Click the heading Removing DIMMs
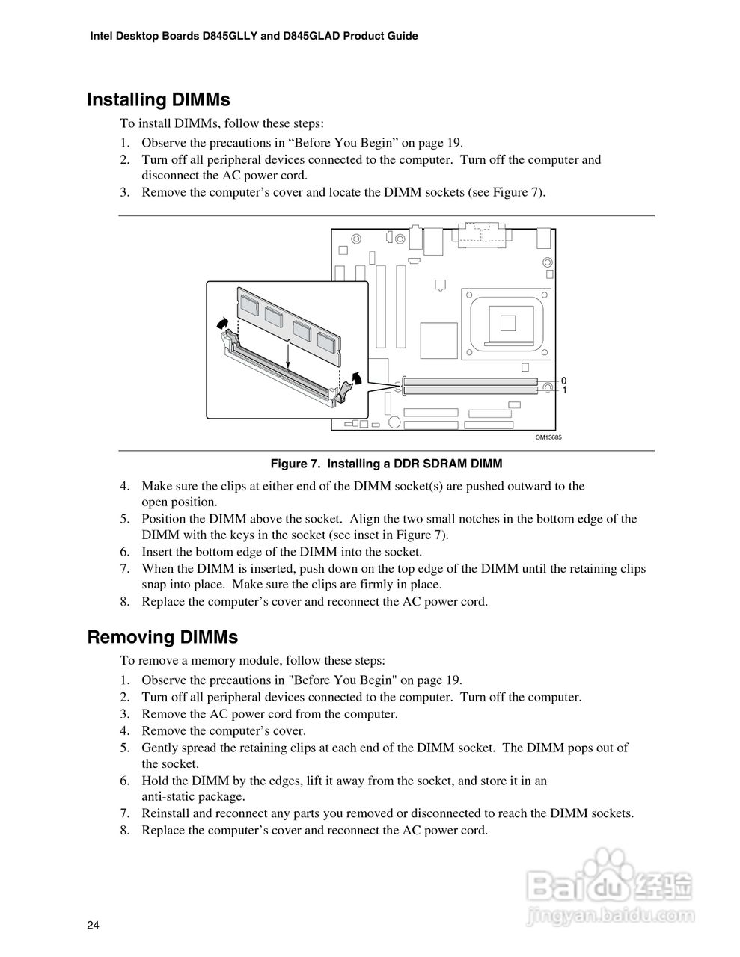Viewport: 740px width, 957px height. coord(162,638)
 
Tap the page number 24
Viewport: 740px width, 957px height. coord(93,926)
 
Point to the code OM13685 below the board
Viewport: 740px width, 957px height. coord(548,437)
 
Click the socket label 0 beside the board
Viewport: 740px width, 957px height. coord(563,381)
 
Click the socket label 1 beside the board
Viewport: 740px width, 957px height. coord(563,390)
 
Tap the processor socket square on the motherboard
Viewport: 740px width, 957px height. coord(509,321)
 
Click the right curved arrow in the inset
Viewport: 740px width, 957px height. coord(358,378)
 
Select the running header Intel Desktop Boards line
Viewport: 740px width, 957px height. coord(254,36)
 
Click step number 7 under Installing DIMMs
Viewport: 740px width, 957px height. coord(125,569)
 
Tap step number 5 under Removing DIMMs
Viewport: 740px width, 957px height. coord(125,748)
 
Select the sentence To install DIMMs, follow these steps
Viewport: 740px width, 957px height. coord(222,123)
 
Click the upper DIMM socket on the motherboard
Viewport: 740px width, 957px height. coord(470,381)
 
